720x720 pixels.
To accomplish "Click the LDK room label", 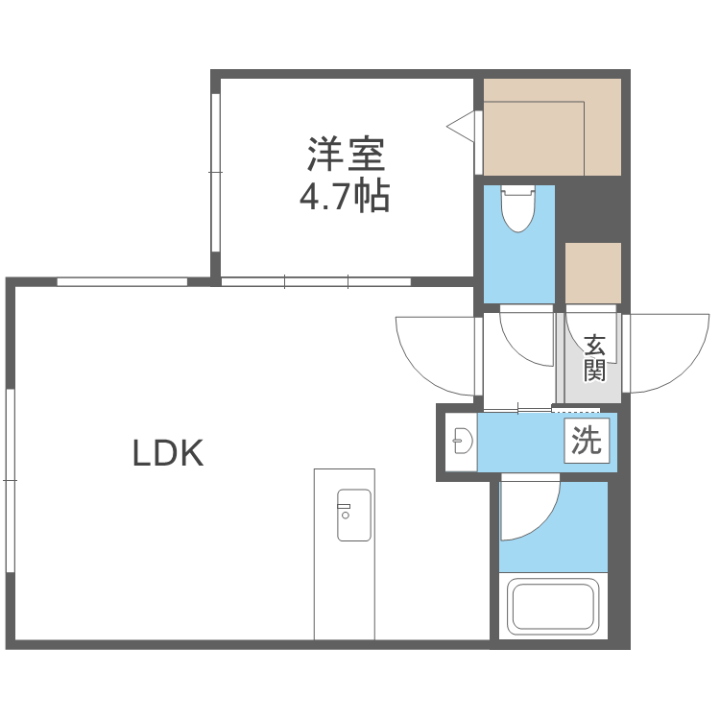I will coord(168,453).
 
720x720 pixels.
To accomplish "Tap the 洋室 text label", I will coord(346,154).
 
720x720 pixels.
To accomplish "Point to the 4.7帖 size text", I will coord(345,197).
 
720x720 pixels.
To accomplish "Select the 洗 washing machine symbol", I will coord(586,441).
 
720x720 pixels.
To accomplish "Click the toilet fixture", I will coord(517,206).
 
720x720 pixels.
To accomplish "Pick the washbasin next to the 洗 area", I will coord(462,442).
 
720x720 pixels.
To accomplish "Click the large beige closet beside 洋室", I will coord(551,128).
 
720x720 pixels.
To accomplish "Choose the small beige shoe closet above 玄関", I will coord(592,273).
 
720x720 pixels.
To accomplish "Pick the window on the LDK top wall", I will coord(122,281).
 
